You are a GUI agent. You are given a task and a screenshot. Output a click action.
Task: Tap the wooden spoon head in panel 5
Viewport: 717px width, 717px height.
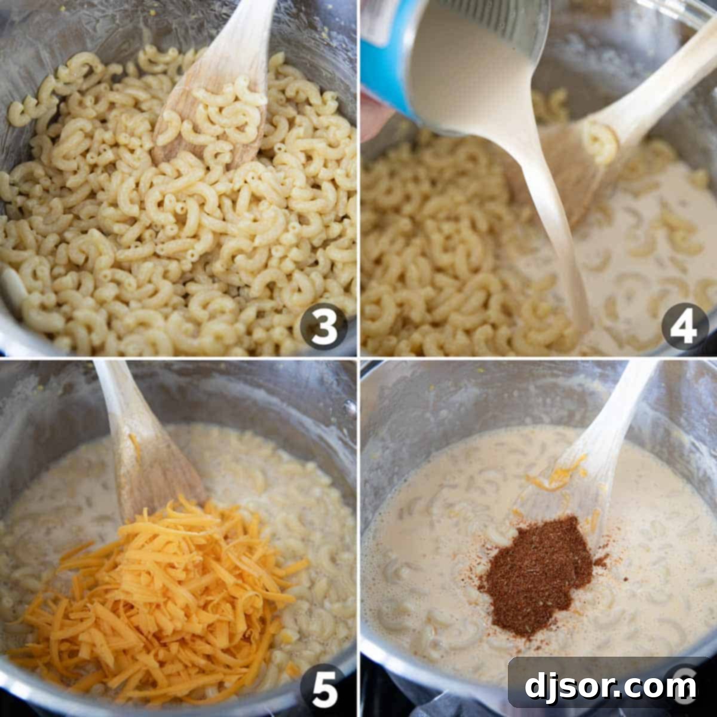pos(155,472)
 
